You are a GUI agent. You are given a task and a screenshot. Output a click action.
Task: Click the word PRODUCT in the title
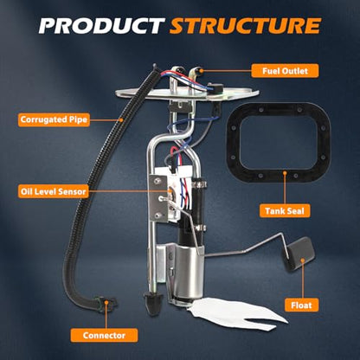pos(101,26)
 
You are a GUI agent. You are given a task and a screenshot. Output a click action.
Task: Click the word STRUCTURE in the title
pos(245,26)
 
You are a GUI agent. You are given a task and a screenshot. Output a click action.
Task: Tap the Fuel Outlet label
pos(285,71)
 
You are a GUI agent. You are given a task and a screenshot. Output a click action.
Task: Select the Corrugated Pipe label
pos(54,119)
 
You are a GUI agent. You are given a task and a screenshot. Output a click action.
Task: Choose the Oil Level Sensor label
pos(53,191)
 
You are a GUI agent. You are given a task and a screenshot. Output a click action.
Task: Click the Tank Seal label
pos(285,211)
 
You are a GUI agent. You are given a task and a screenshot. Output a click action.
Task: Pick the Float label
pos(301,305)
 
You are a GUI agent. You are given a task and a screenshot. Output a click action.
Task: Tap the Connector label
pos(104,335)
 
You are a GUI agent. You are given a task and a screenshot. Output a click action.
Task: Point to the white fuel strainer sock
pos(237,314)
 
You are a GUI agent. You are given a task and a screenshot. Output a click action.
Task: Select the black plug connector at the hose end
pos(106,305)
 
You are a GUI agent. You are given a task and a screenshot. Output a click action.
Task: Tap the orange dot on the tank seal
pos(285,173)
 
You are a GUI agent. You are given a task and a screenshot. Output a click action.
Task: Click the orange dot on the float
pos(303,260)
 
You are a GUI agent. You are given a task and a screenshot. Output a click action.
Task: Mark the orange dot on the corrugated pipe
pos(121,119)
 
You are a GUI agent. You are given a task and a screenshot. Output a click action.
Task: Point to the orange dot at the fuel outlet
pos(202,71)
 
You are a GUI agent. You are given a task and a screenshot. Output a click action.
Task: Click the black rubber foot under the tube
pos(152,303)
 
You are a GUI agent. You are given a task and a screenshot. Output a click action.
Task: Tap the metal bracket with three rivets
pos(158,198)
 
